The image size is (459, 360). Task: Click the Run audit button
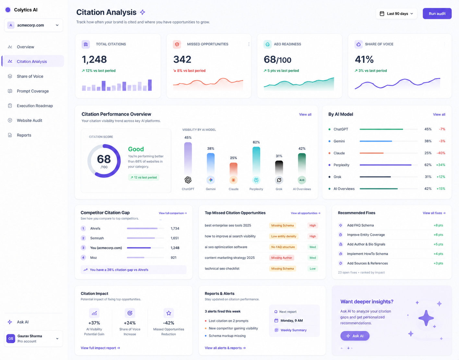pos(437,14)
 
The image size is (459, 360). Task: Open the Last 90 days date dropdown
pos(396,14)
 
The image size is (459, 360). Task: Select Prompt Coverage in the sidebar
pos(33,91)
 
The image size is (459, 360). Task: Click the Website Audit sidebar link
pos(30,121)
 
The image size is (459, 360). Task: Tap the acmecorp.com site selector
pos(33,25)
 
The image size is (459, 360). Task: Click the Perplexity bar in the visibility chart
pos(256,160)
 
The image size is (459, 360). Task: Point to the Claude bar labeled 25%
pos(234,169)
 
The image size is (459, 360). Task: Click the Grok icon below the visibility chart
pos(279,180)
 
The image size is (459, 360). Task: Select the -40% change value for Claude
pos(441,153)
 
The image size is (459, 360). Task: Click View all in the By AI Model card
pos(439,114)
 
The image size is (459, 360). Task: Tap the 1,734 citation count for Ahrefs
pos(175,228)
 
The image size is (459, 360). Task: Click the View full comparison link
pos(173,213)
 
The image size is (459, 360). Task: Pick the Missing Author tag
pos(281,258)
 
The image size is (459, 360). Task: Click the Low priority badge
pos(313,269)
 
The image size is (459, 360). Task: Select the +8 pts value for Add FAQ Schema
pos(438,225)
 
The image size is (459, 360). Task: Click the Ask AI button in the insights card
pos(355,336)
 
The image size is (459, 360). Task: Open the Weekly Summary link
pos(293,330)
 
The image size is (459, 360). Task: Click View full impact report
pos(100,348)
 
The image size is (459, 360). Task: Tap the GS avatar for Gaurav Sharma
pos(11,339)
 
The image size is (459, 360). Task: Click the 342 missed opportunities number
pos(182,60)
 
